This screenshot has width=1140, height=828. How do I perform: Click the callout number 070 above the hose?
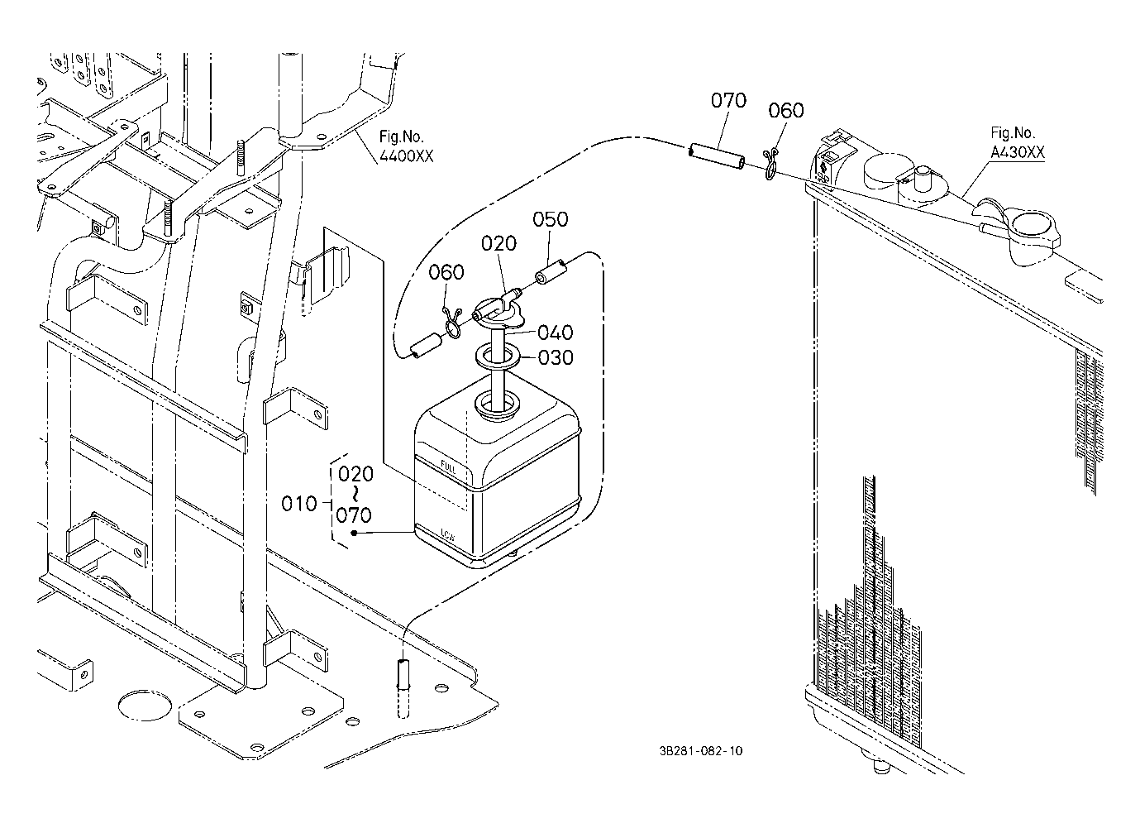(728, 101)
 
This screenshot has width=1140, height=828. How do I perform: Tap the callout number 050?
(550, 219)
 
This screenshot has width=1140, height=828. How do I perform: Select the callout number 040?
(555, 333)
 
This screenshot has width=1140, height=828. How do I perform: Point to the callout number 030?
(555, 358)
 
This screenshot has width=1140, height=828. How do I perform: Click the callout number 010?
(299, 503)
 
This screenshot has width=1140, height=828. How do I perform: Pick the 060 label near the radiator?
(785, 111)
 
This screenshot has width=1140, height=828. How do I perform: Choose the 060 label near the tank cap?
(446, 272)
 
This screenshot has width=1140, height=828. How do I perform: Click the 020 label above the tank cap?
(498, 243)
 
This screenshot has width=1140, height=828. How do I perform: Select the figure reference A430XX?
(1017, 152)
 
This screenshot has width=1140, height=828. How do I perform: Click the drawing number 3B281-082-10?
(701, 751)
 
